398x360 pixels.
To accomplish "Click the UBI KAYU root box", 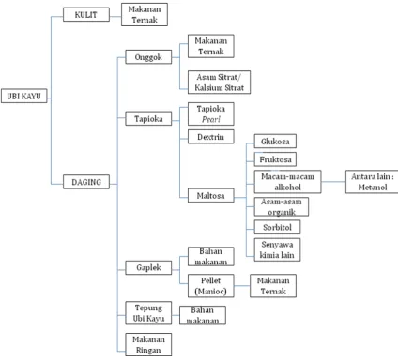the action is (24, 96).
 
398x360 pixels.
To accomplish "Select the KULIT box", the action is (86, 14).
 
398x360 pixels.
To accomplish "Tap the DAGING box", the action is (86, 182).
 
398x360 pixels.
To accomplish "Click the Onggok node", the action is (148, 57).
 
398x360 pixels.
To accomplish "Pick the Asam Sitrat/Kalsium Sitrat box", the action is (219, 82).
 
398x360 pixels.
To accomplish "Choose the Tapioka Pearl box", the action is (211, 113).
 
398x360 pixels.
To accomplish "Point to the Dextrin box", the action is (211, 137).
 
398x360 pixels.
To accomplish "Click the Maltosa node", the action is (211, 195).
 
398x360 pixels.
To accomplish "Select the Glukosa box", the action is (275, 141).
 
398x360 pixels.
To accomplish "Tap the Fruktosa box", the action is (275, 159).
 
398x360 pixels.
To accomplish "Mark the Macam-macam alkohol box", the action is (287, 182).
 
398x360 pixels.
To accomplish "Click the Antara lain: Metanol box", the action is (372, 182).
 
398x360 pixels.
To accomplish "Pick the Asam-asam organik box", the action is (282, 206).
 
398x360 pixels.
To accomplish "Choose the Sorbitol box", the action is (277, 227).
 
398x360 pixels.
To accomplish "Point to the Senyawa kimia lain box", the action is (277, 249).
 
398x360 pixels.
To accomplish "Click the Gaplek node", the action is (148, 267).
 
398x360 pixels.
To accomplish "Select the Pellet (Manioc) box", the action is (211, 286).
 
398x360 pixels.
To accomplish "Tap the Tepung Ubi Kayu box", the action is (148, 313).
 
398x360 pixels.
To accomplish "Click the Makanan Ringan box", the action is (148, 344).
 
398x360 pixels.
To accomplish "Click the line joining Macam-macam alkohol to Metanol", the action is (333, 181).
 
